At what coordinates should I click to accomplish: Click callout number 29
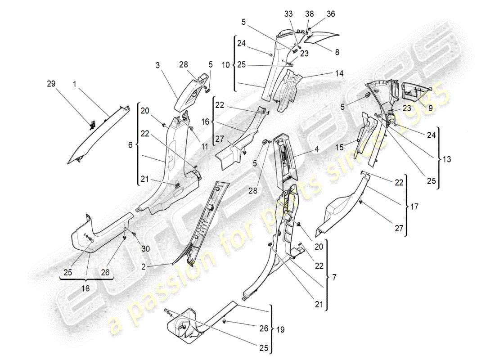[x=52, y=84]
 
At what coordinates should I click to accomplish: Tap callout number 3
[x=158, y=66]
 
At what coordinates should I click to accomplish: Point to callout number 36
[x=331, y=14]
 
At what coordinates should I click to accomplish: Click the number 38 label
[x=310, y=14]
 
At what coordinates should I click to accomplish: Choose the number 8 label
[x=337, y=52]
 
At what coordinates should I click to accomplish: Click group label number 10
[x=227, y=64]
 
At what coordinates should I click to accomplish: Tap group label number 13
[x=445, y=159]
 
